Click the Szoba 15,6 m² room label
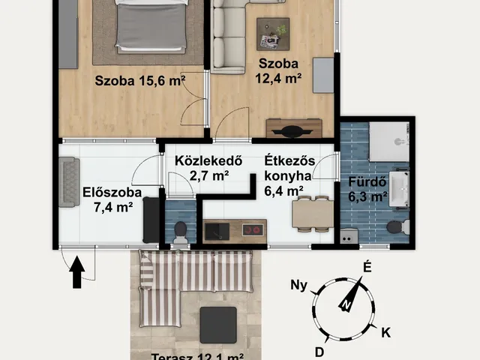click(140, 82)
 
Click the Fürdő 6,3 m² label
click(367, 190)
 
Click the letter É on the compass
click(367, 267)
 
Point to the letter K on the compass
click(385, 331)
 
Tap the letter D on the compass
click(319, 351)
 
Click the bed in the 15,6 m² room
click(151, 26)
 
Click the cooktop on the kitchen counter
click(253, 230)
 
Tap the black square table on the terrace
click(218, 325)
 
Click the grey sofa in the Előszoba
click(70, 182)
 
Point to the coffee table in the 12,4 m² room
click(271, 33)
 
